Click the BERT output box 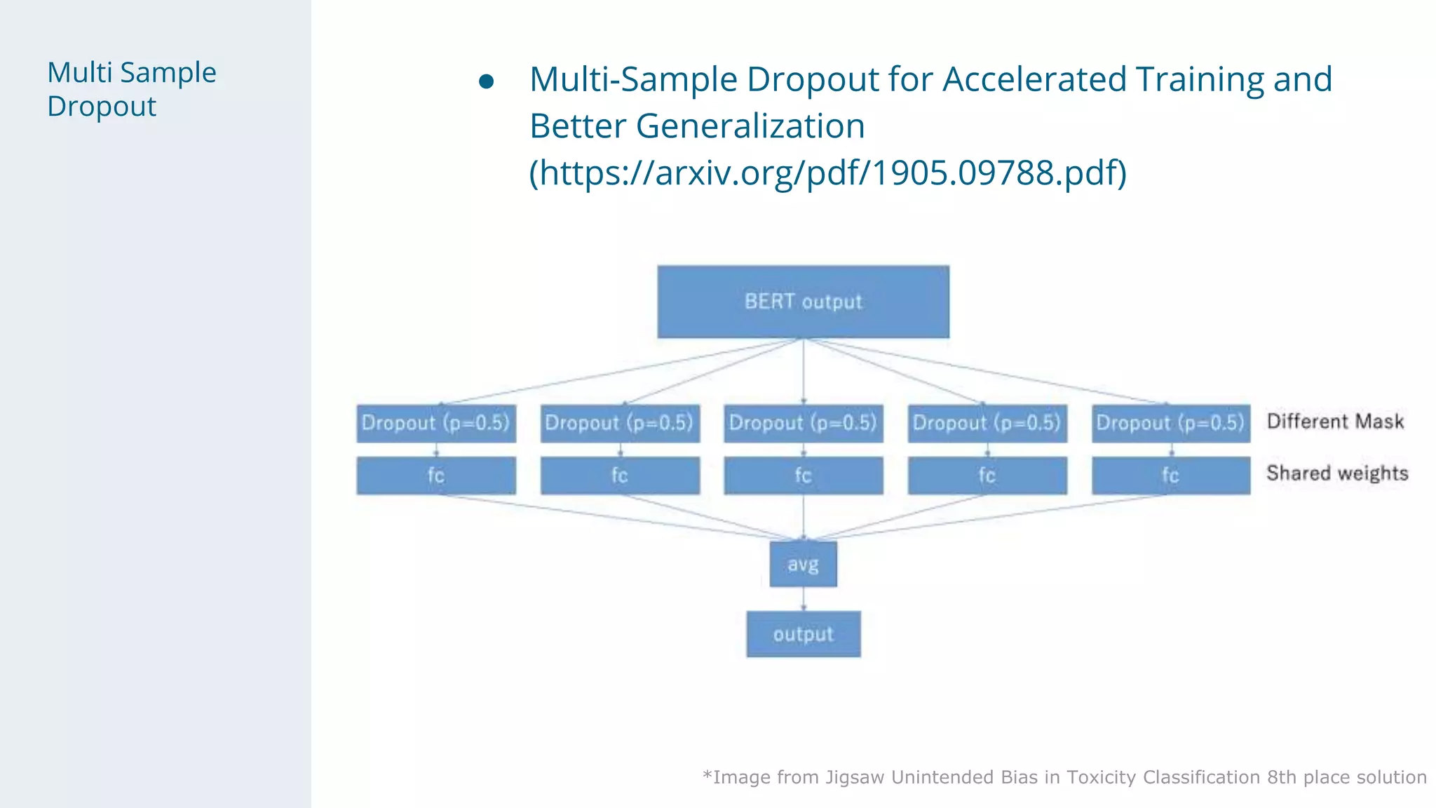point(803,302)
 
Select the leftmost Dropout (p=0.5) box point(435,423)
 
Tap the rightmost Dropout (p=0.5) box point(1170,423)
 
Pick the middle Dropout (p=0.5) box point(803,423)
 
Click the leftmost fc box point(435,476)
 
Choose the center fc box point(803,476)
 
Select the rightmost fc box point(1170,476)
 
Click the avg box point(803,564)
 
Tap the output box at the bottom point(803,634)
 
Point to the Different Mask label point(1335,422)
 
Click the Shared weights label point(1337,473)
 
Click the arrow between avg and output point(804,598)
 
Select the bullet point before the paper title point(486,82)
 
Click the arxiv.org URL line point(827,173)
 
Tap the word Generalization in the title point(750,126)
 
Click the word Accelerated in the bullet point(1034,79)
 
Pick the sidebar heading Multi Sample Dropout point(132,89)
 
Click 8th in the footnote point(1282,777)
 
